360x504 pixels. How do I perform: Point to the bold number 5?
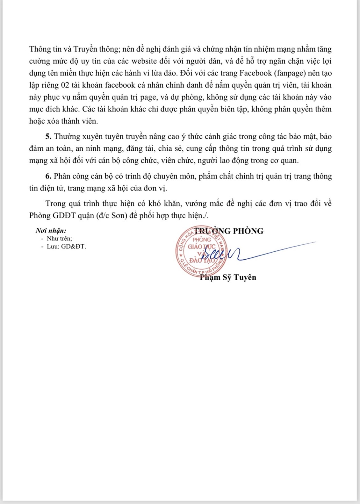[x=48, y=137]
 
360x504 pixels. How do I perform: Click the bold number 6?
[x=48, y=176]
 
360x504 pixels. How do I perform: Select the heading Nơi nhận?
[x=51, y=231]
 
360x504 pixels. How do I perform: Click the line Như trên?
[x=59, y=238]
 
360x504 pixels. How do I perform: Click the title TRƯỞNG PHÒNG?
[x=229, y=231]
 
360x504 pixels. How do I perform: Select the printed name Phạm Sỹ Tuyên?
[x=228, y=277]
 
